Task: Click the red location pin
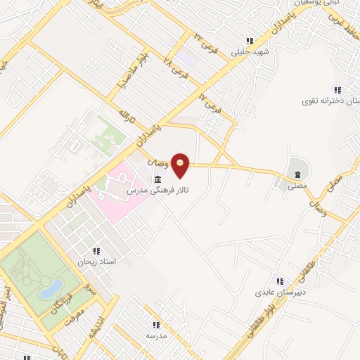[x=181, y=165]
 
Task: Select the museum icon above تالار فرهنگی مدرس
[x=156, y=179]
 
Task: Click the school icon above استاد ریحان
[x=96, y=250]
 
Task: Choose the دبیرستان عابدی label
[x=279, y=292]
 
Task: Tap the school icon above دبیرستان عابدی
[x=280, y=282]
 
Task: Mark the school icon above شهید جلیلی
[x=250, y=41]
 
